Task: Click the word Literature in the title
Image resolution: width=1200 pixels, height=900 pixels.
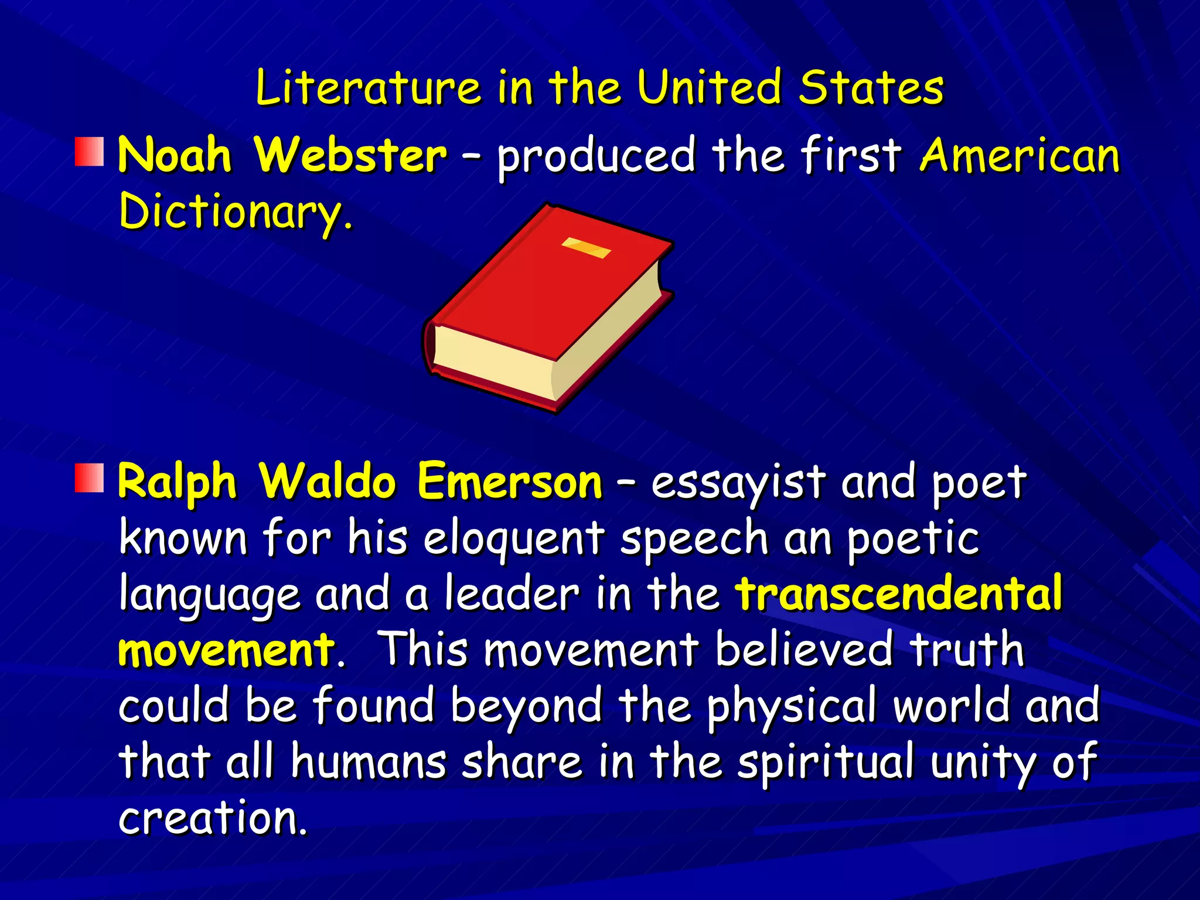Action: click(x=367, y=88)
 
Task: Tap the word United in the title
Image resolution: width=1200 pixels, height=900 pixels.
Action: click(x=710, y=88)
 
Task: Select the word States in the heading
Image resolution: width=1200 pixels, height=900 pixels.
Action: click(x=871, y=88)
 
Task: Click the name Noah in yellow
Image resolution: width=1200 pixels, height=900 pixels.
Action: click(x=175, y=155)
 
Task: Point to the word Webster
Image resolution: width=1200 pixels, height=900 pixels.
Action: click(x=350, y=155)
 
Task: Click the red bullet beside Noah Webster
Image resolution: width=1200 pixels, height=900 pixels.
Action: click(x=90, y=151)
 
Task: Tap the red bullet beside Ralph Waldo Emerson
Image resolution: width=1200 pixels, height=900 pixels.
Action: click(x=90, y=477)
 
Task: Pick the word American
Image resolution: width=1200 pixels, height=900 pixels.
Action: click(x=1020, y=155)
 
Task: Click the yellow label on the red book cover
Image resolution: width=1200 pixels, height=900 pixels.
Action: click(x=586, y=247)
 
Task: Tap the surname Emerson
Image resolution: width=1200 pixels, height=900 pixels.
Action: click(x=510, y=482)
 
